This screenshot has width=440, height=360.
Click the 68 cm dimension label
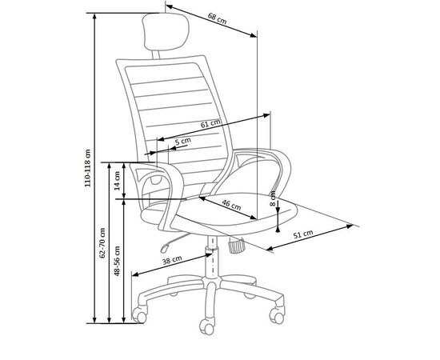click(x=217, y=18)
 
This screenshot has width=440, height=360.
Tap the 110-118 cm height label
click(x=88, y=168)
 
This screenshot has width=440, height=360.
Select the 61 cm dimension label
click(x=210, y=124)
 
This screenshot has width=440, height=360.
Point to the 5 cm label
click(x=183, y=141)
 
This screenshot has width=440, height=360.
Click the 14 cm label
click(x=118, y=181)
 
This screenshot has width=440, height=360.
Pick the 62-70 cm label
click(x=102, y=243)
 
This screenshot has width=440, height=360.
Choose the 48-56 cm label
click(x=117, y=261)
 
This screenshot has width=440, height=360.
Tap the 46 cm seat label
click(x=231, y=205)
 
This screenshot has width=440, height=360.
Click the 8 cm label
click(x=273, y=198)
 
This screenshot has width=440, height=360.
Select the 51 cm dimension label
click(x=303, y=234)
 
